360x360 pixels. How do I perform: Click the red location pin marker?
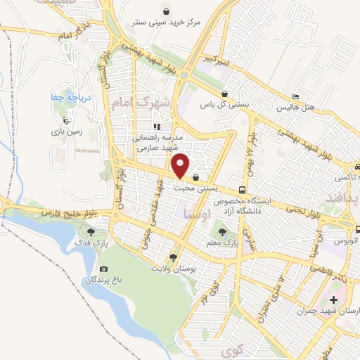coord(181,166)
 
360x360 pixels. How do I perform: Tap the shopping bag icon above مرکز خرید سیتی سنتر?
coord(166,11)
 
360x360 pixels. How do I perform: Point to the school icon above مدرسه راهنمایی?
coord(157,127)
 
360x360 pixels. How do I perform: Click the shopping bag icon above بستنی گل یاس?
coord(224,94)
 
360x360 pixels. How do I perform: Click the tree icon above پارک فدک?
coord(90,231)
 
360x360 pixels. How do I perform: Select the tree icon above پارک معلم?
coord(223,230)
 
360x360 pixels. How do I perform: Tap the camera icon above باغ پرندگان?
coord(104,269)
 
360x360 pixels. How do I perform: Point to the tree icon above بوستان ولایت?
coord(174,257)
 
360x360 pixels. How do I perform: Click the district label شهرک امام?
coord(140,103)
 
